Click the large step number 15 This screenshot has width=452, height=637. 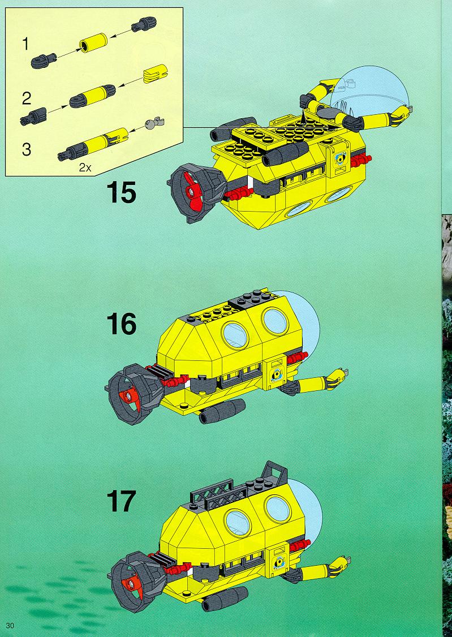(x=121, y=192)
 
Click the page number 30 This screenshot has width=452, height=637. (x=10, y=625)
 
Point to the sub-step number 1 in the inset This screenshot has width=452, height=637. (x=25, y=44)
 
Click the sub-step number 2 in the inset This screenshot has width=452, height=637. (x=27, y=98)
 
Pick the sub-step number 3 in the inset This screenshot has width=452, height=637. (x=27, y=149)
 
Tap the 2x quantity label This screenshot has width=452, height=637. (x=85, y=167)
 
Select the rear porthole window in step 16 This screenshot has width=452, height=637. (x=235, y=335)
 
